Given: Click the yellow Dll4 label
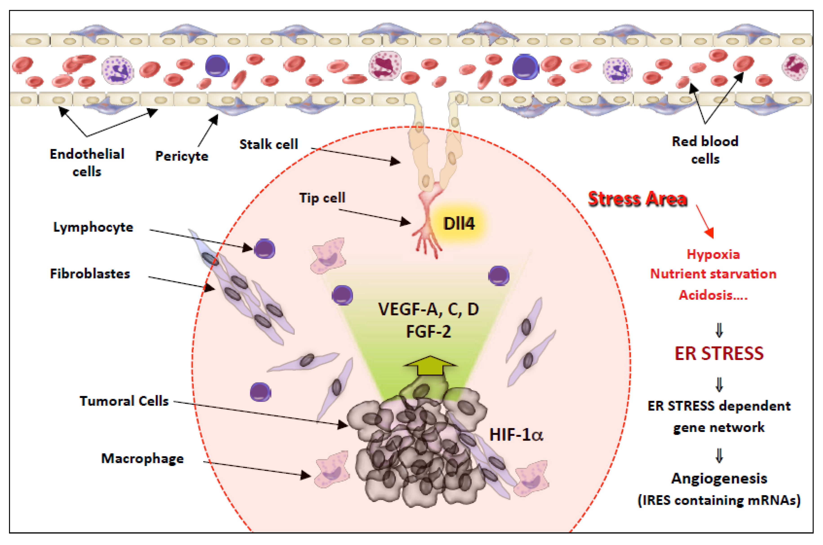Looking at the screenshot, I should point(458,223).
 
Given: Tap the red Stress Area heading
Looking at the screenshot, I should point(637,199).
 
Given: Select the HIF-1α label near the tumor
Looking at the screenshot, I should point(516,435).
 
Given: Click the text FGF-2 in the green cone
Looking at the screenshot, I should point(428,331).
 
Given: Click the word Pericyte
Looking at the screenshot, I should point(182,156).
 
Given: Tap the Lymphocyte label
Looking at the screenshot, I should point(93,227).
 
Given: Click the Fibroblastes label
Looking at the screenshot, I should point(90,274).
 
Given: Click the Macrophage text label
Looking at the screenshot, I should point(142,458).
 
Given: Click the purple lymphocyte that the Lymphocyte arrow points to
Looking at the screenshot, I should point(265,248).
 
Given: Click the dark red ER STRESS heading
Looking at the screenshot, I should point(719,354).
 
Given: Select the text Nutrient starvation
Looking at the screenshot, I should point(713,274).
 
